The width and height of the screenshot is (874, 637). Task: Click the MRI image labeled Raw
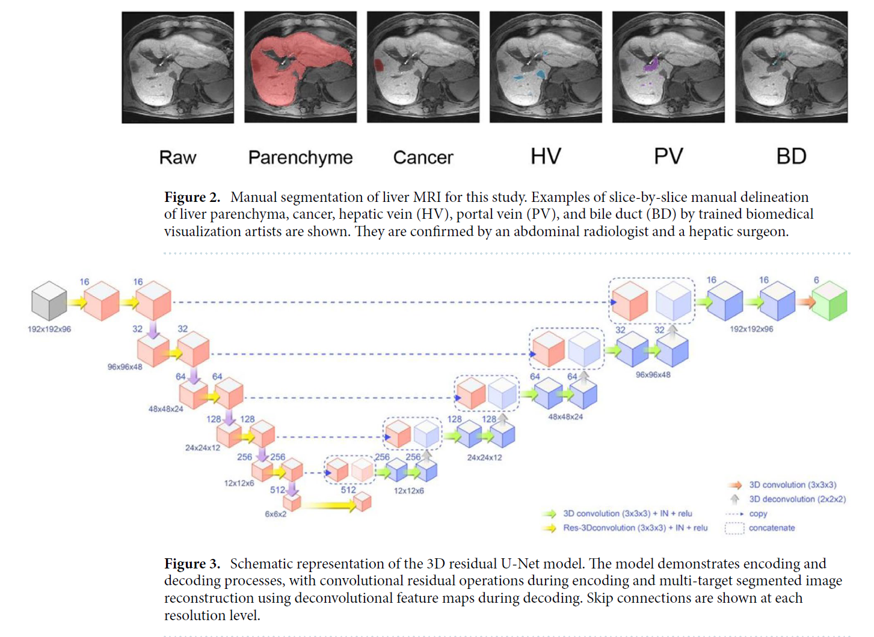(177, 67)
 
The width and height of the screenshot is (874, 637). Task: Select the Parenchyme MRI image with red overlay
(300, 67)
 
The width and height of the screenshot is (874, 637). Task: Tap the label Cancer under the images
(423, 157)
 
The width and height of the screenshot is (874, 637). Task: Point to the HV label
(546, 157)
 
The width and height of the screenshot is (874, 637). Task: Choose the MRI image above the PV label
(668, 67)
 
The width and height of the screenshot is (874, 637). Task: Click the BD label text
(791, 157)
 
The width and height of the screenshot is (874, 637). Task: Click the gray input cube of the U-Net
(49, 301)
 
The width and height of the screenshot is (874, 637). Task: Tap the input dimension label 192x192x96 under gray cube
(49, 329)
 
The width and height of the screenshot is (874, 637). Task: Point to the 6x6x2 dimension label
(275, 514)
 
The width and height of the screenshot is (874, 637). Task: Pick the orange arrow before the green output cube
(806, 302)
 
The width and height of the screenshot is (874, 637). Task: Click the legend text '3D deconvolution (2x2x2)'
(797, 499)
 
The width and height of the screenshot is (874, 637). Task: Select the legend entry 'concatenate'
(772, 528)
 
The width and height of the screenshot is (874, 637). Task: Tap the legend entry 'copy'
(758, 514)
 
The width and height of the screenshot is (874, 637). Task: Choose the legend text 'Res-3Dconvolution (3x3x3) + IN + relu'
(635, 528)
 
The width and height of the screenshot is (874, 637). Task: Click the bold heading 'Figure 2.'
(192, 198)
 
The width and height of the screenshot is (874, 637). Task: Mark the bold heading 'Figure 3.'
(192, 564)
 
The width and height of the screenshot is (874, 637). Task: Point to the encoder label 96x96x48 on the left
(125, 367)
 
